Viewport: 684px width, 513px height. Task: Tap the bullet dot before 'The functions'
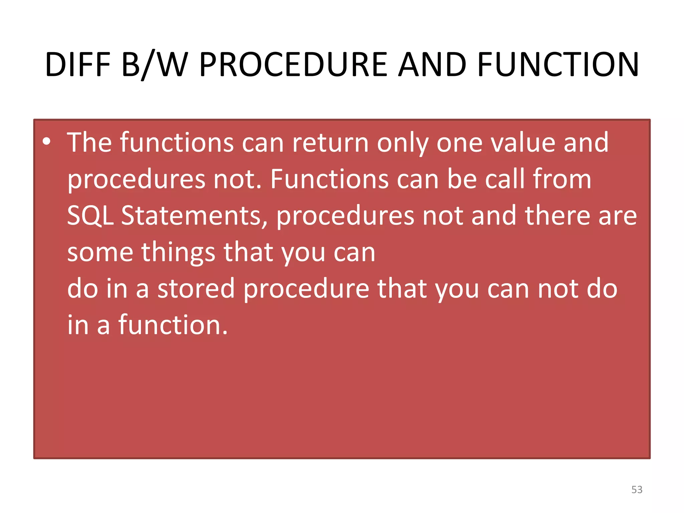coord(47,142)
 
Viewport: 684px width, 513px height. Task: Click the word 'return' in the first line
coord(330,143)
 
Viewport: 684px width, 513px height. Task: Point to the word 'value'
coord(522,143)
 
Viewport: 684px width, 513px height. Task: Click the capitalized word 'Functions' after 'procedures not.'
coord(329,179)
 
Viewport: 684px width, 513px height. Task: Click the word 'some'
coord(100,252)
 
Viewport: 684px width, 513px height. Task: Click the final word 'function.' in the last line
coord(173,325)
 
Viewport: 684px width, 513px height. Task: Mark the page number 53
coord(637,490)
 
